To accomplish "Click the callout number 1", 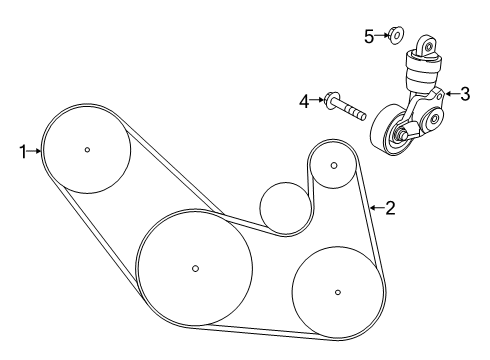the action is [x=23, y=152].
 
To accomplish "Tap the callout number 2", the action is [x=390, y=208].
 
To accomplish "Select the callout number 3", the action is [x=465, y=94].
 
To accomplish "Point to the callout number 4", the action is [x=304, y=101].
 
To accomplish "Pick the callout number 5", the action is [x=369, y=36].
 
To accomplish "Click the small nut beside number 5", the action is [x=396, y=35].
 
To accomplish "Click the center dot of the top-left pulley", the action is [x=87, y=150].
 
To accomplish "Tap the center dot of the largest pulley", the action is [x=196, y=268].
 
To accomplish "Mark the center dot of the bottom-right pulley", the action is [x=338, y=292].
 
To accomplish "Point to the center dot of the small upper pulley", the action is [x=334, y=165].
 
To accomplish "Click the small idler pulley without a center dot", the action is [x=285, y=208].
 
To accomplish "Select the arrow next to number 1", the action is [x=34, y=151].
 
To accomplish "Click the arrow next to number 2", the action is [x=377, y=208].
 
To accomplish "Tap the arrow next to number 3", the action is [x=452, y=94].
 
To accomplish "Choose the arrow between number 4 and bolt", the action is [x=317, y=99].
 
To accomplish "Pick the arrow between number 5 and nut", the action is [x=381, y=34].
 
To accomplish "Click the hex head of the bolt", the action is [x=329, y=99].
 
